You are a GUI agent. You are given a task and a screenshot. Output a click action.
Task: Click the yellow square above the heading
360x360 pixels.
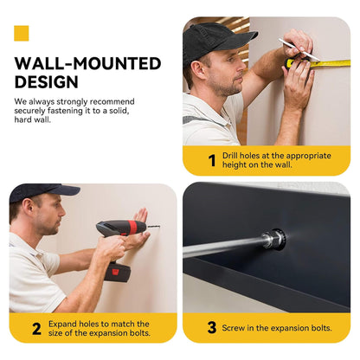tap(22, 33)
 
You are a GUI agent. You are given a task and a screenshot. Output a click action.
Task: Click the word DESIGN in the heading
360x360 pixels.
tap(47, 82)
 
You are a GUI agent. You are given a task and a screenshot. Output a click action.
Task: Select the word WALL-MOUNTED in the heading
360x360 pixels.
tap(87, 63)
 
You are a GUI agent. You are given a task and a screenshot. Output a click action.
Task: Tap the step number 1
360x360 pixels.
tap(212, 160)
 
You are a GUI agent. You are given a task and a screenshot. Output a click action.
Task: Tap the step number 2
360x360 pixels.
tap(36, 329)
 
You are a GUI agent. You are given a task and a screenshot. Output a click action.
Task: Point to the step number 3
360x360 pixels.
tap(212, 328)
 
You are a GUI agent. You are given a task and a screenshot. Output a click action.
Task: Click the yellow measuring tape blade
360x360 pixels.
tap(331, 63)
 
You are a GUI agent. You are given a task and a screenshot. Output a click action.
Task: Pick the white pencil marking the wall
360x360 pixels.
tap(299, 49)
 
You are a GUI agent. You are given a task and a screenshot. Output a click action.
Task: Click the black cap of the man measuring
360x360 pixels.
tap(216, 41)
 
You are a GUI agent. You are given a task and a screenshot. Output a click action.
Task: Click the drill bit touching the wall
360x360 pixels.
tap(154, 227)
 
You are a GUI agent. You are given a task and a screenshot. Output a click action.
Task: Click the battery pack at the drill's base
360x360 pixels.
tap(118, 273)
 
